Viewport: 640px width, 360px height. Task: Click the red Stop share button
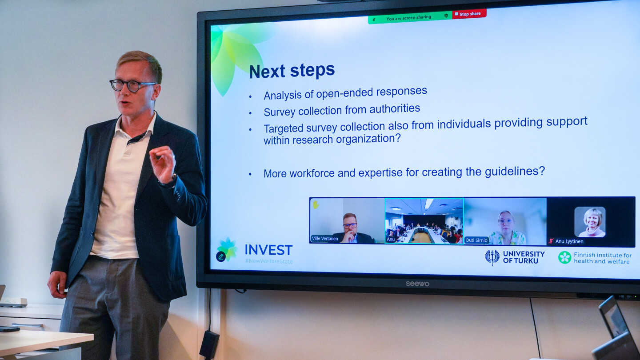469,14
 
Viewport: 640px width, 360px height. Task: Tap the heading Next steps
292,71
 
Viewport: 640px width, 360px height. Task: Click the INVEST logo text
268,250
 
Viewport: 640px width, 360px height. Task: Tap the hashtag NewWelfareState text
269,261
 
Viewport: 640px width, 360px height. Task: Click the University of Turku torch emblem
492,257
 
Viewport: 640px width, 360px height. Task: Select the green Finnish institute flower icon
564,257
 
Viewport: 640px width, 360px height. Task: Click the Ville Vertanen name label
325,239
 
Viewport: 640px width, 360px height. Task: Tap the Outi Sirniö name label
476,240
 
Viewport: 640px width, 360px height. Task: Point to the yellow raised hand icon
316,204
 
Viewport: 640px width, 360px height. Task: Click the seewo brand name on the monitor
417,284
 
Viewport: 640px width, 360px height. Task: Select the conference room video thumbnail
424,221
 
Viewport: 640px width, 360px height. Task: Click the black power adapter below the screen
209,344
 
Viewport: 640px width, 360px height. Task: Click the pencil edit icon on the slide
221,256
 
